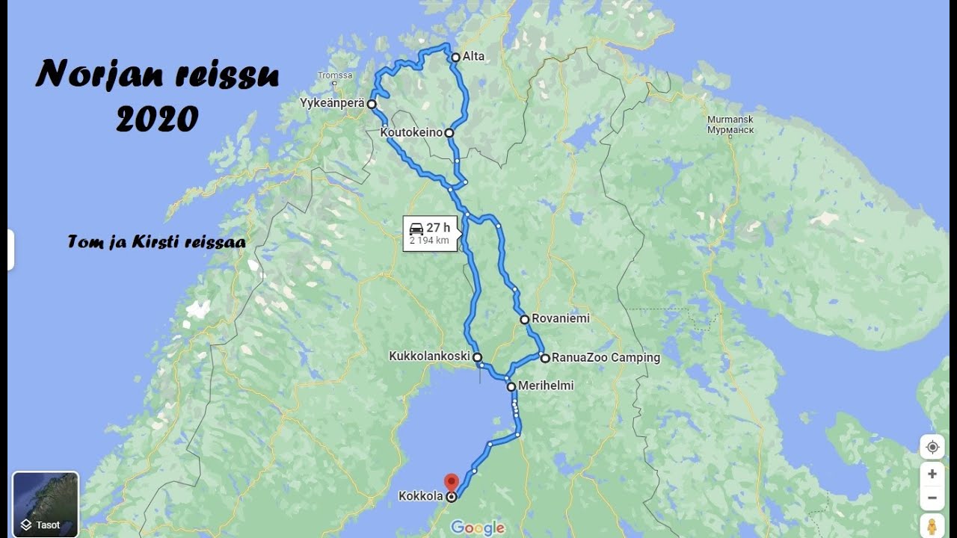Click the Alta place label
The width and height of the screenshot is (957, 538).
tap(473, 57)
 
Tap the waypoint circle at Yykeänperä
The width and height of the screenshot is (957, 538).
tap(371, 104)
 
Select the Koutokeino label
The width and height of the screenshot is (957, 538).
tap(411, 133)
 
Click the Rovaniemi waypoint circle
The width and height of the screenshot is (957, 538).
tap(525, 319)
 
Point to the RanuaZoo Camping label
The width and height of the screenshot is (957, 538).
tap(606, 358)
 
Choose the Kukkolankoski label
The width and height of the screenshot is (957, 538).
tap(428, 357)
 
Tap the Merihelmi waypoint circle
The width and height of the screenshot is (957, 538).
tap(511, 386)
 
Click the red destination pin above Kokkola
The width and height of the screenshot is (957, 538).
tap(451, 482)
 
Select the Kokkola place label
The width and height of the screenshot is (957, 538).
tap(421, 496)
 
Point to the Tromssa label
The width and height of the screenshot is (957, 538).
tap(334, 75)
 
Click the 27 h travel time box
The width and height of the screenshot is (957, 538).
tap(430, 233)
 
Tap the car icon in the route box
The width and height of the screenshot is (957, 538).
tap(416, 229)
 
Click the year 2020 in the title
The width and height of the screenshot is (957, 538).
tap(158, 119)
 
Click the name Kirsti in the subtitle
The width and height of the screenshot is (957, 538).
tap(162, 242)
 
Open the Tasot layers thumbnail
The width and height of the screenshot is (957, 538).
tap(46, 504)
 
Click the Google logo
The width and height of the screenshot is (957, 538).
tap(478, 528)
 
